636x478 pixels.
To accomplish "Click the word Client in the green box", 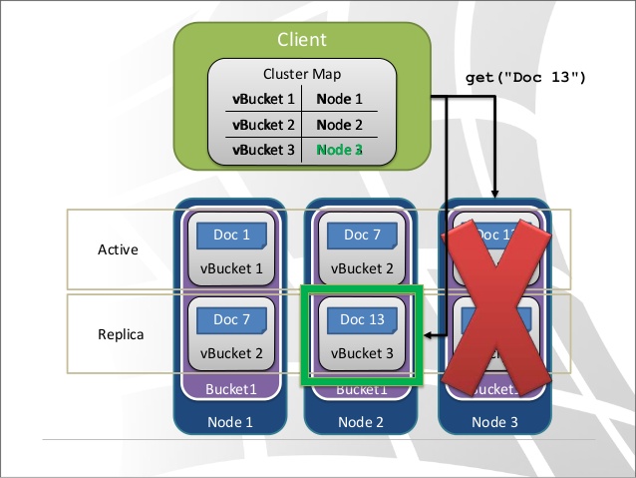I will pyautogui.click(x=302, y=41).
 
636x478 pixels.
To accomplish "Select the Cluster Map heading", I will pyautogui.click(x=301, y=74).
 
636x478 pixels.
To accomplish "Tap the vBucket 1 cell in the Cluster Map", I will pyautogui.click(x=263, y=100).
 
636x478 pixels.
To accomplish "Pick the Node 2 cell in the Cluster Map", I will pyautogui.click(x=339, y=125).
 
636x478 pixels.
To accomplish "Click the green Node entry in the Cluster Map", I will pyautogui.click(x=339, y=150).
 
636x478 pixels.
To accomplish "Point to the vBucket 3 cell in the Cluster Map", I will pyautogui.click(x=263, y=150).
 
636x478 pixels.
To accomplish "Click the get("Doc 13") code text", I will pyautogui.click(x=525, y=78).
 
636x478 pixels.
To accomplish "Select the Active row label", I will pyautogui.click(x=118, y=248).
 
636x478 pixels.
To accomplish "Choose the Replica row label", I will pyautogui.click(x=121, y=334).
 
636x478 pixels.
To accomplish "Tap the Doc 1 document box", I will pyautogui.click(x=231, y=236).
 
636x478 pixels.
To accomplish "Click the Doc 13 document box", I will pyautogui.click(x=362, y=319).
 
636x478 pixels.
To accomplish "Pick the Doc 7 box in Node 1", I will pyautogui.click(x=231, y=319).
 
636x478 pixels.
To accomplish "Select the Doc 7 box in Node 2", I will pyautogui.click(x=362, y=236).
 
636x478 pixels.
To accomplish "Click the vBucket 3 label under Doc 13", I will pyautogui.click(x=362, y=352).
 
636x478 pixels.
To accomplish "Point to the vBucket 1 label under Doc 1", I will pyautogui.click(x=231, y=267).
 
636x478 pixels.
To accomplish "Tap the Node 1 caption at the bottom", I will pyautogui.click(x=230, y=422).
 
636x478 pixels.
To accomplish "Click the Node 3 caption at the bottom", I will pyautogui.click(x=494, y=422).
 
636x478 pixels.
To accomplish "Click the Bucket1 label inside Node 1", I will pyautogui.click(x=230, y=389).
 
